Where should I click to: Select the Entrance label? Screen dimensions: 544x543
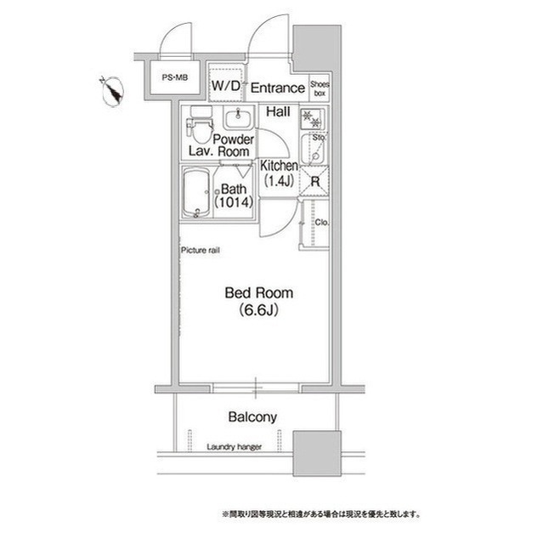278,88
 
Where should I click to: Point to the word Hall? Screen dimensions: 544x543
277,111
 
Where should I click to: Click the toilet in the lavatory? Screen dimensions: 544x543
201,129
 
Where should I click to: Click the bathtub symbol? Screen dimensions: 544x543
195,193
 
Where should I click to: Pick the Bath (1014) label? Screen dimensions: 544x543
232,197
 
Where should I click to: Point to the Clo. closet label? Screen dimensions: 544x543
322,224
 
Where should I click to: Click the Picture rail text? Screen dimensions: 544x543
201,251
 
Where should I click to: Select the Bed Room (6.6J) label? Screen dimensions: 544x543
258,301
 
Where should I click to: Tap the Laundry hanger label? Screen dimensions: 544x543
235,446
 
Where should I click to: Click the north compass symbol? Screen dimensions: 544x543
112,90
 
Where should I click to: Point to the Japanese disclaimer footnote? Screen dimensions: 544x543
320,514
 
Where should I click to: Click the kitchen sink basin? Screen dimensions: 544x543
314,150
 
